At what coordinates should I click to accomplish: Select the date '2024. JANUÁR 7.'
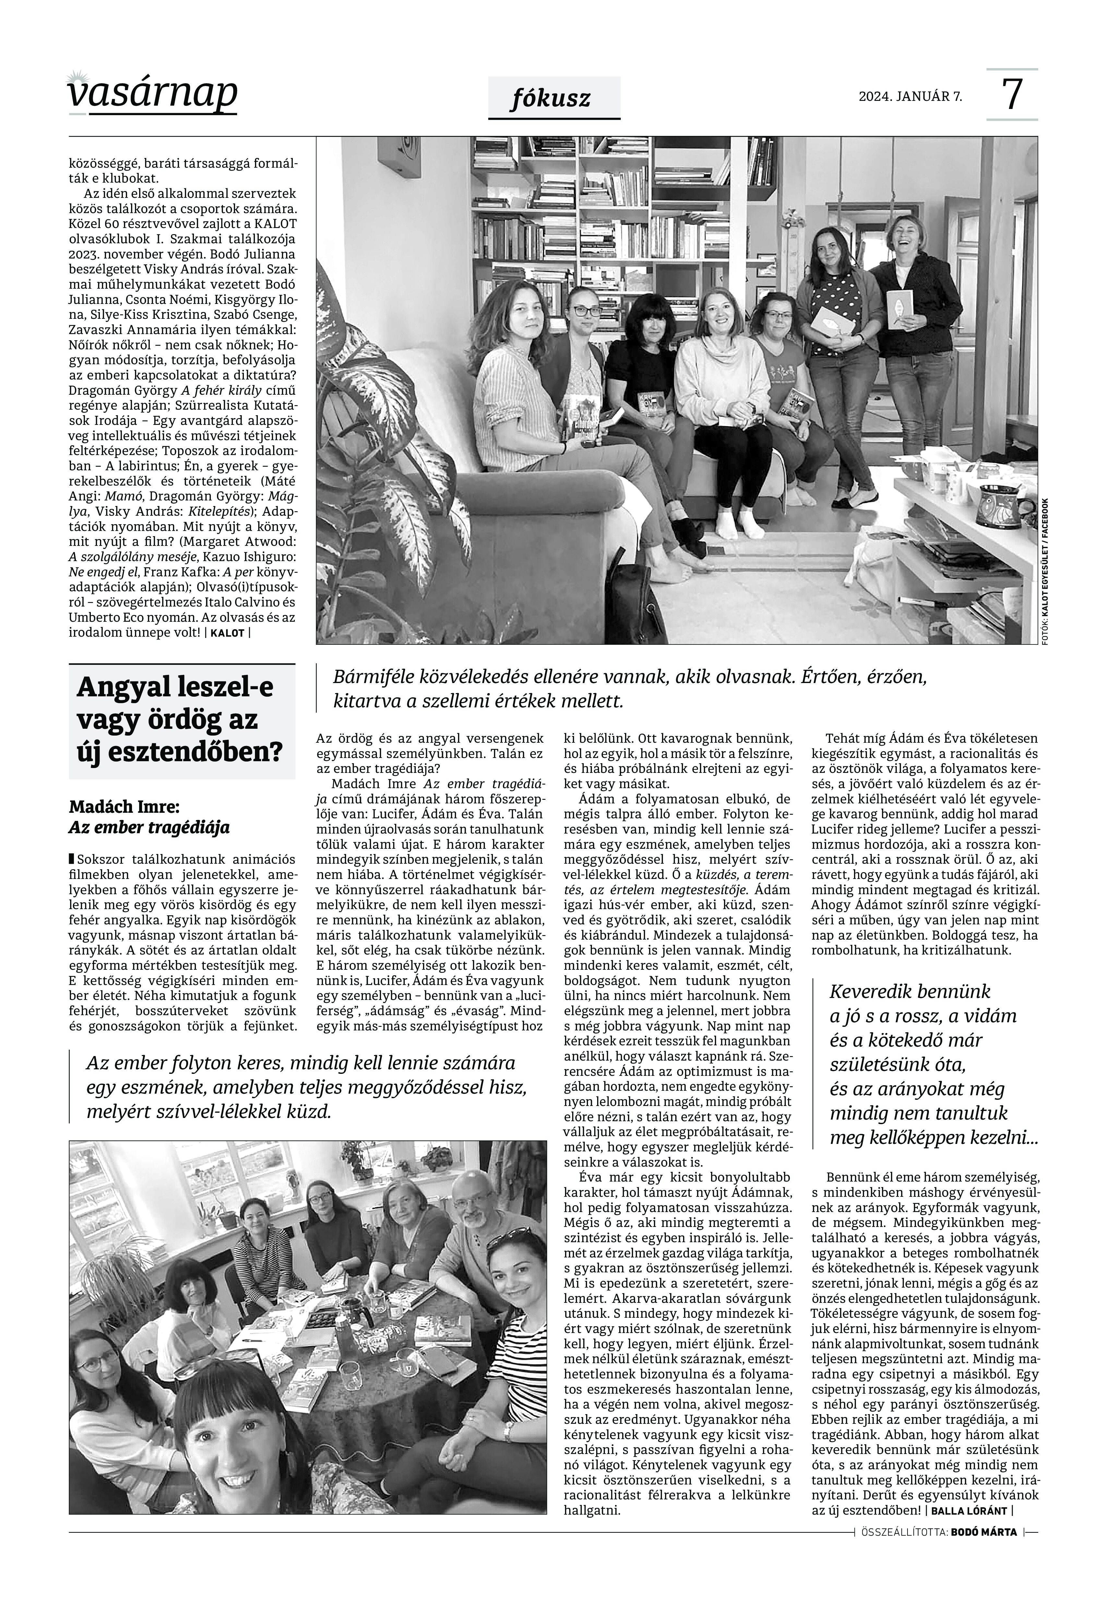tap(910, 96)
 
